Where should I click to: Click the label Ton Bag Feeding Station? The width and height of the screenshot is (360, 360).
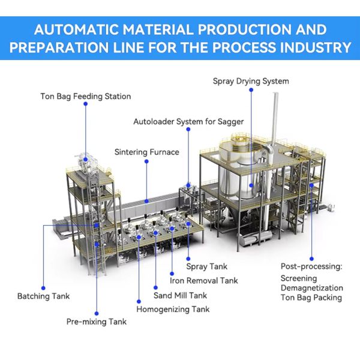(85, 96)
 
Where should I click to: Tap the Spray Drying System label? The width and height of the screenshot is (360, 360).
(251, 81)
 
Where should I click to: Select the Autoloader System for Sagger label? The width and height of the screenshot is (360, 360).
(188, 122)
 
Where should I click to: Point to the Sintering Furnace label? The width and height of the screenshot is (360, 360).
(146, 152)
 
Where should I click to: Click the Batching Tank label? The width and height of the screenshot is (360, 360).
(43, 296)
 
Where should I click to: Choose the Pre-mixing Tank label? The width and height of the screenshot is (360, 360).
(96, 322)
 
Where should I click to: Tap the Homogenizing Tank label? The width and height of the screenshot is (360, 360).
(173, 310)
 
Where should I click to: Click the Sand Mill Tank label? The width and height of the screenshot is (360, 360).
(180, 295)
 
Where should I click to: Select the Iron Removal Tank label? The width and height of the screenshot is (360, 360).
(204, 280)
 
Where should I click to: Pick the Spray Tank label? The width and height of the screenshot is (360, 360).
(206, 266)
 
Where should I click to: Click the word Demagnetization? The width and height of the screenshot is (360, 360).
(311, 288)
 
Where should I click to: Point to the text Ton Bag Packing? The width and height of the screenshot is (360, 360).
(311, 298)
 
